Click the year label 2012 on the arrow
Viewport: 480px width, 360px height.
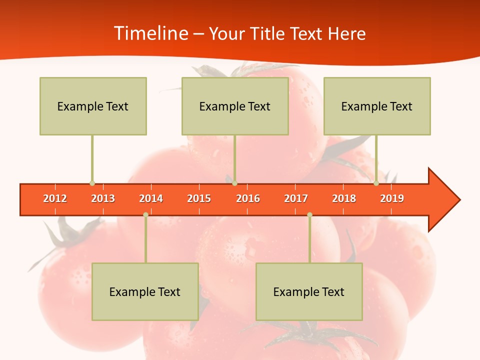point(55,198)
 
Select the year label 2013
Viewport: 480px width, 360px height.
point(103,198)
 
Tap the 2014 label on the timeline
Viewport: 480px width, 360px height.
point(151,198)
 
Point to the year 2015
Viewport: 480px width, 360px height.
point(199,198)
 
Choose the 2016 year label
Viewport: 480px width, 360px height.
point(248,198)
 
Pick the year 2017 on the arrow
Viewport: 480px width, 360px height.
point(296,198)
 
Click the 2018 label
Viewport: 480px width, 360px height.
point(344,198)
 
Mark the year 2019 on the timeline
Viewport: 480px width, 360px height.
point(392,198)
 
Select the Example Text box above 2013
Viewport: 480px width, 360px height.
point(93,106)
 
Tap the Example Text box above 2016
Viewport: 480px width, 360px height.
point(235,106)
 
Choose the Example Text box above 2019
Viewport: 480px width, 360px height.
point(377,106)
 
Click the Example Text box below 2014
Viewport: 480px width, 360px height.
point(145,291)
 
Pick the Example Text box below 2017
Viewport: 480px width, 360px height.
point(309,291)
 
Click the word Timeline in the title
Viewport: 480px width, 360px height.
point(150,33)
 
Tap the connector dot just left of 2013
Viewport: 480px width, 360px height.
point(92,183)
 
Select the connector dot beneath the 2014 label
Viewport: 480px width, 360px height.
point(145,214)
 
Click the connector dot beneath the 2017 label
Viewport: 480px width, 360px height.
point(309,214)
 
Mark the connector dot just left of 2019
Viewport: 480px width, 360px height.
point(376,183)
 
